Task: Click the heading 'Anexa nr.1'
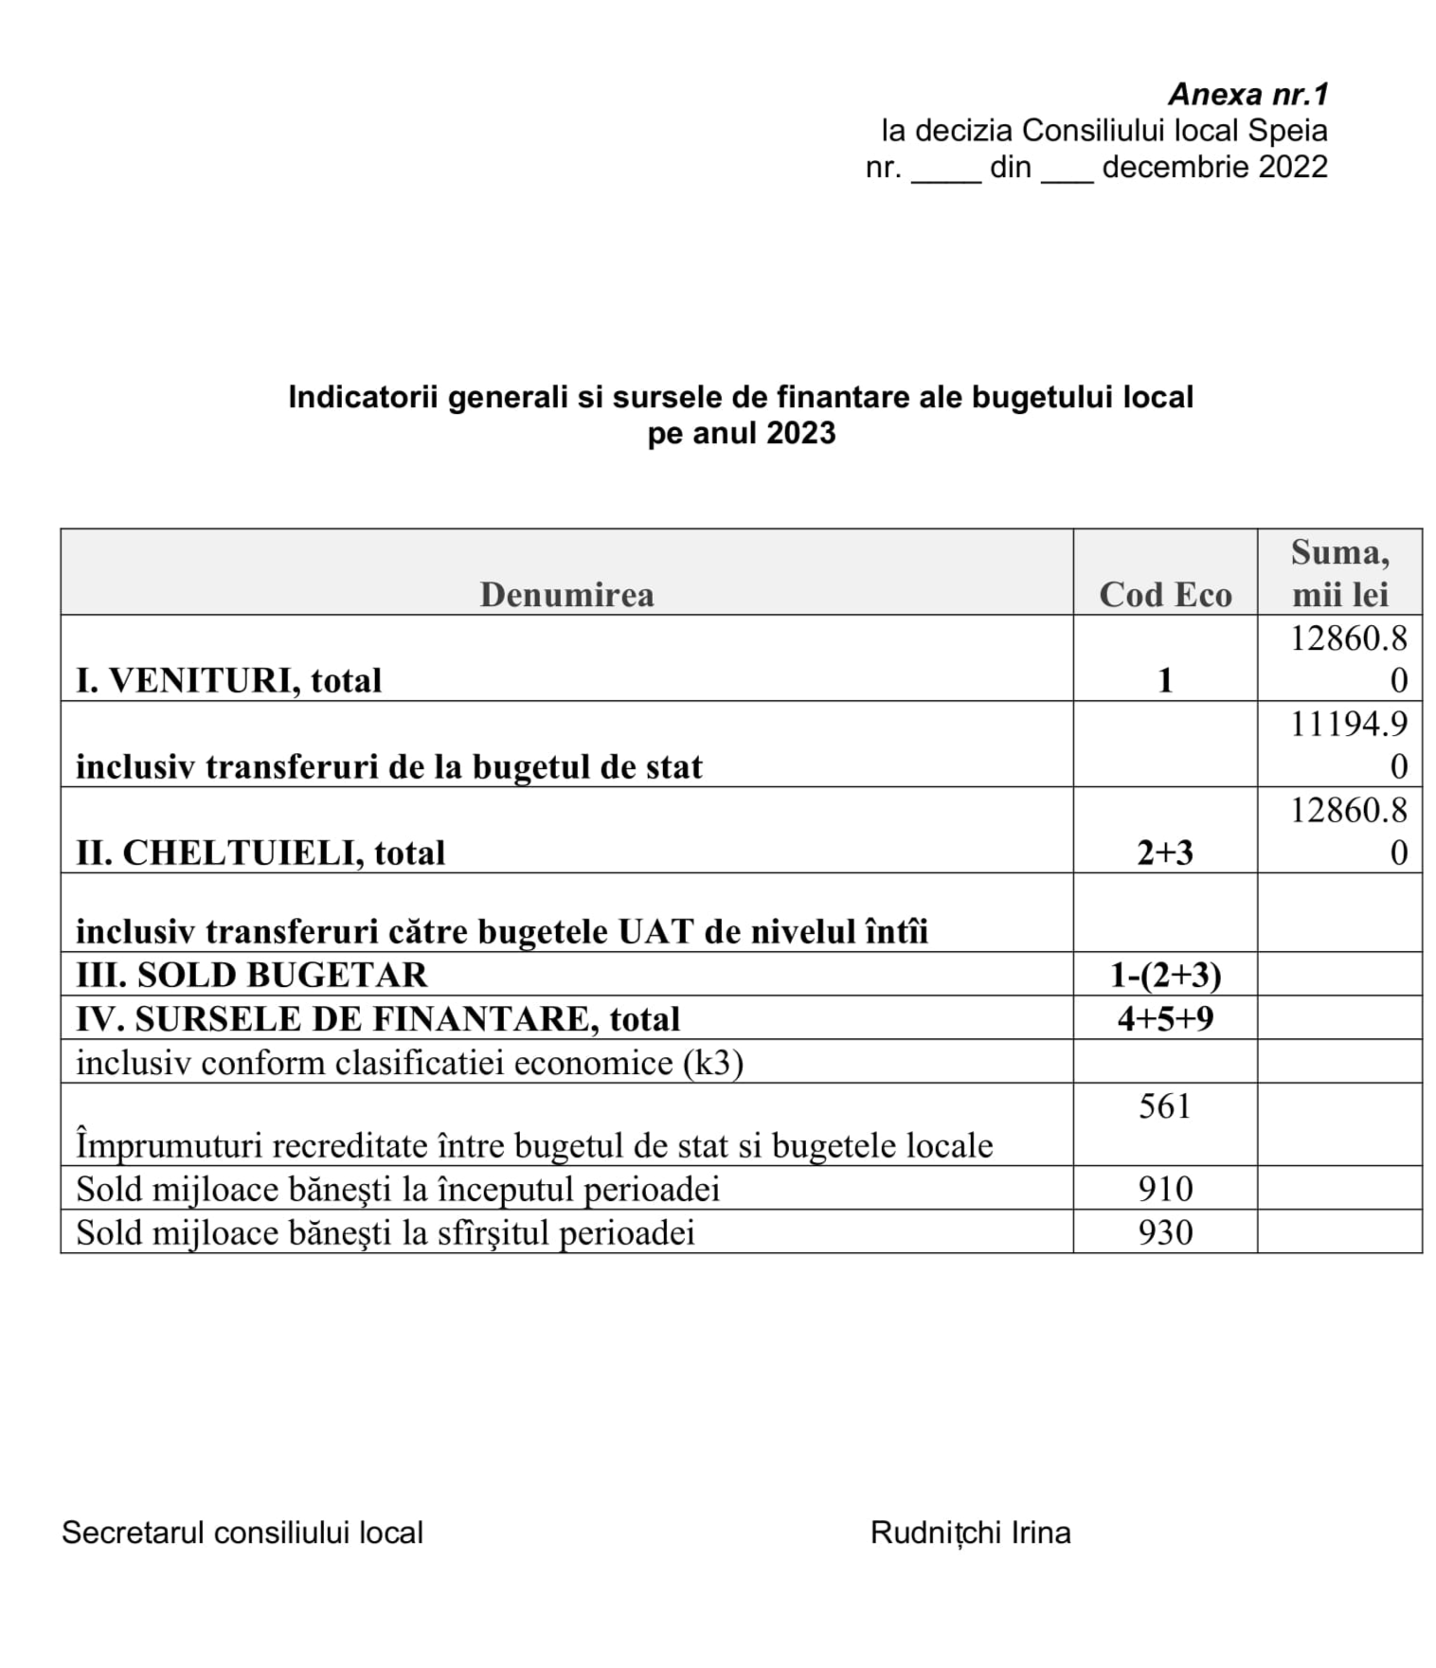tap(1248, 94)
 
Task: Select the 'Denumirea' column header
tap(566, 594)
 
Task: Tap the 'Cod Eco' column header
tap(1164, 594)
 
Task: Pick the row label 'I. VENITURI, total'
tap(228, 680)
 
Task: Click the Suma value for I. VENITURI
tap(1349, 658)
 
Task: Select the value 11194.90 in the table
tap(1349, 744)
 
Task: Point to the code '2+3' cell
tap(1164, 852)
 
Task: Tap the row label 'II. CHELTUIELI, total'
tap(260, 852)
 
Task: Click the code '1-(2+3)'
tap(1164, 974)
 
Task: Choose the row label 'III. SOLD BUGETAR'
tap(251, 974)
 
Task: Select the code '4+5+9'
tap(1164, 1018)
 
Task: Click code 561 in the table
tap(1164, 1105)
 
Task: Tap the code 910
tap(1164, 1188)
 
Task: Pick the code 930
tap(1164, 1231)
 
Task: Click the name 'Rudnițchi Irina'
tap(970, 1533)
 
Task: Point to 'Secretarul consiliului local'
tap(242, 1533)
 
